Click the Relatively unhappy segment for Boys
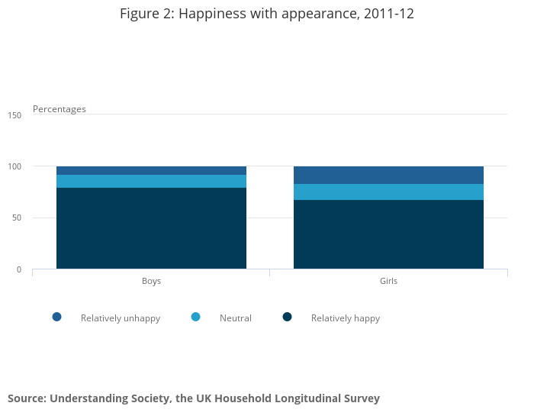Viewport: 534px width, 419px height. click(x=151, y=170)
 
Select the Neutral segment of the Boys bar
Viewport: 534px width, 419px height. click(x=151, y=181)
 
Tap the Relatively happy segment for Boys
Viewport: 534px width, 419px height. click(x=151, y=228)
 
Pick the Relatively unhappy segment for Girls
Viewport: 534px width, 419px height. click(x=388, y=175)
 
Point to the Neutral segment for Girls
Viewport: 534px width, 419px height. click(x=388, y=192)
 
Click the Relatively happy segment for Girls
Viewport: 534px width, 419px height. click(x=388, y=234)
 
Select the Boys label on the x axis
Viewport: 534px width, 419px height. click(x=151, y=281)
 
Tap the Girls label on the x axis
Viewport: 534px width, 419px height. click(x=388, y=281)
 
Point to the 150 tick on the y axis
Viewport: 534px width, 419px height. click(x=14, y=115)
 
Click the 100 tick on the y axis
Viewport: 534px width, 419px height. click(x=14, y=166)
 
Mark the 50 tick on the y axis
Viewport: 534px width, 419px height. click(x=16, y=218)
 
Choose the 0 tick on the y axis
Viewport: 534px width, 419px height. click(x=18, y=269)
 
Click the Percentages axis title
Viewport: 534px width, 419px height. click(x=60, y=109)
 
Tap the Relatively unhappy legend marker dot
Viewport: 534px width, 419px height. click(x=56, y=317)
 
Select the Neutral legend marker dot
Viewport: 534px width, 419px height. click(x=195, y=317)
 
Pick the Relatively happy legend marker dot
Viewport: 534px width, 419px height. click(x=287, y=317)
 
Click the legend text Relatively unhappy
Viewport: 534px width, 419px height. click(x=121, y=318)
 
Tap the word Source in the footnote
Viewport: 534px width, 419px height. click(x=26, y=398)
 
